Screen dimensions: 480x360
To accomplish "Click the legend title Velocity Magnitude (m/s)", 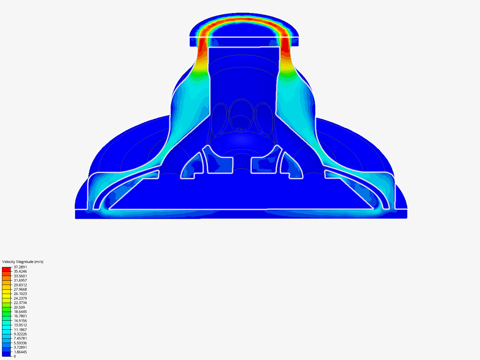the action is [x=23, y=262].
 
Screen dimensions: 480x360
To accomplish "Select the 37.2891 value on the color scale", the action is [x=20, y=267].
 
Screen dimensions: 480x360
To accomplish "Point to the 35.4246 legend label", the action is [x=20, y=271].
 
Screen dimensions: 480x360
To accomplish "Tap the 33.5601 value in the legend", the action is [x=20, y=276].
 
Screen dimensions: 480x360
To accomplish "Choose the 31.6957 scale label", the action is [x=20, y=280].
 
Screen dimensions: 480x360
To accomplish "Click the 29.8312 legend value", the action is [x=20, y=285].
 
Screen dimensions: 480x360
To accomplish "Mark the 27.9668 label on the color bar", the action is [x=20, y=289].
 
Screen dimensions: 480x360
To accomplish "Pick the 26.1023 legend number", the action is [x=20, y=294].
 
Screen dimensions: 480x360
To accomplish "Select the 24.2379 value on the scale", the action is [x=20, y=298].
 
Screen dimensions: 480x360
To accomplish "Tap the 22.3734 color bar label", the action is [x=20, y=303].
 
